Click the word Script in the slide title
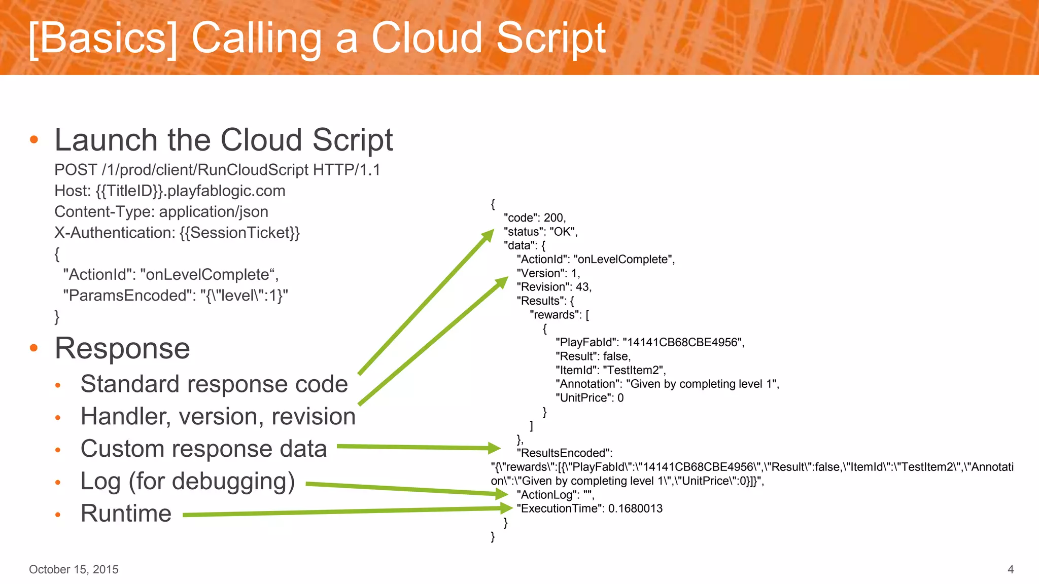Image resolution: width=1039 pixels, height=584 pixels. click(550, 38)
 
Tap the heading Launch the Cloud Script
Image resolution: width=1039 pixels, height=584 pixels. click(223, 140)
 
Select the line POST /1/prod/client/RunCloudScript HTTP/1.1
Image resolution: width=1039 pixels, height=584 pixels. click(217, 170)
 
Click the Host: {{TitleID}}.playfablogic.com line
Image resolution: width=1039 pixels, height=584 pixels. click(169, 191)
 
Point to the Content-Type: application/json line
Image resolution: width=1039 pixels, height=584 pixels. click(161, 212)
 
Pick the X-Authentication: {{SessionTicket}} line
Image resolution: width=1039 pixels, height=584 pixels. click(177, 233)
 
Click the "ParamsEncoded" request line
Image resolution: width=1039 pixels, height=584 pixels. click(175, 296)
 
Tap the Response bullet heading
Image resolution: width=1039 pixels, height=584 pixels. click(122, 349)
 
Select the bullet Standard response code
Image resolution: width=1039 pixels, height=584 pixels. click(214, 384)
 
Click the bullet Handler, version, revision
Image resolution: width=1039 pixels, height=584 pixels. click(218, 417)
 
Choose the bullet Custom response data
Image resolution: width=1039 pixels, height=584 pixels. click(203, 449)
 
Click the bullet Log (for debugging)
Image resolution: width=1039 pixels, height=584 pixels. click(188, 482)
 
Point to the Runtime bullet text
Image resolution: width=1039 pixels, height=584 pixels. click(126, 514)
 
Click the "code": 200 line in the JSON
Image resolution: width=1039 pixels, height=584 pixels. click(535, 218)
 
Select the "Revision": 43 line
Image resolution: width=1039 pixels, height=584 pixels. click(554, 287)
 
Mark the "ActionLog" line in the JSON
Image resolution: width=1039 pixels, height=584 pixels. click(555, 495)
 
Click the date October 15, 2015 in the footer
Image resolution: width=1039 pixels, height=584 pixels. click(74, 569)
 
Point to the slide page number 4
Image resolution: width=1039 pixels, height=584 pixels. click(1010, 569)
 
